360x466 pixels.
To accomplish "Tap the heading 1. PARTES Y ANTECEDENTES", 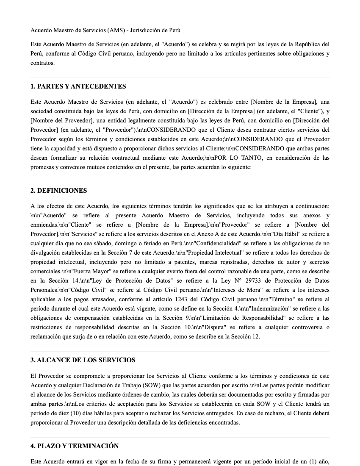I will [x=78, y=86].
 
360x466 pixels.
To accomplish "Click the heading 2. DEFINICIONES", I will [x=58, y=191].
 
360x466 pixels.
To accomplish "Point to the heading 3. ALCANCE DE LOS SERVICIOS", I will [x=83, y=360].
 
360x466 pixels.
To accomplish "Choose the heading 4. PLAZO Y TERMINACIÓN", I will [x=75, y=446].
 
